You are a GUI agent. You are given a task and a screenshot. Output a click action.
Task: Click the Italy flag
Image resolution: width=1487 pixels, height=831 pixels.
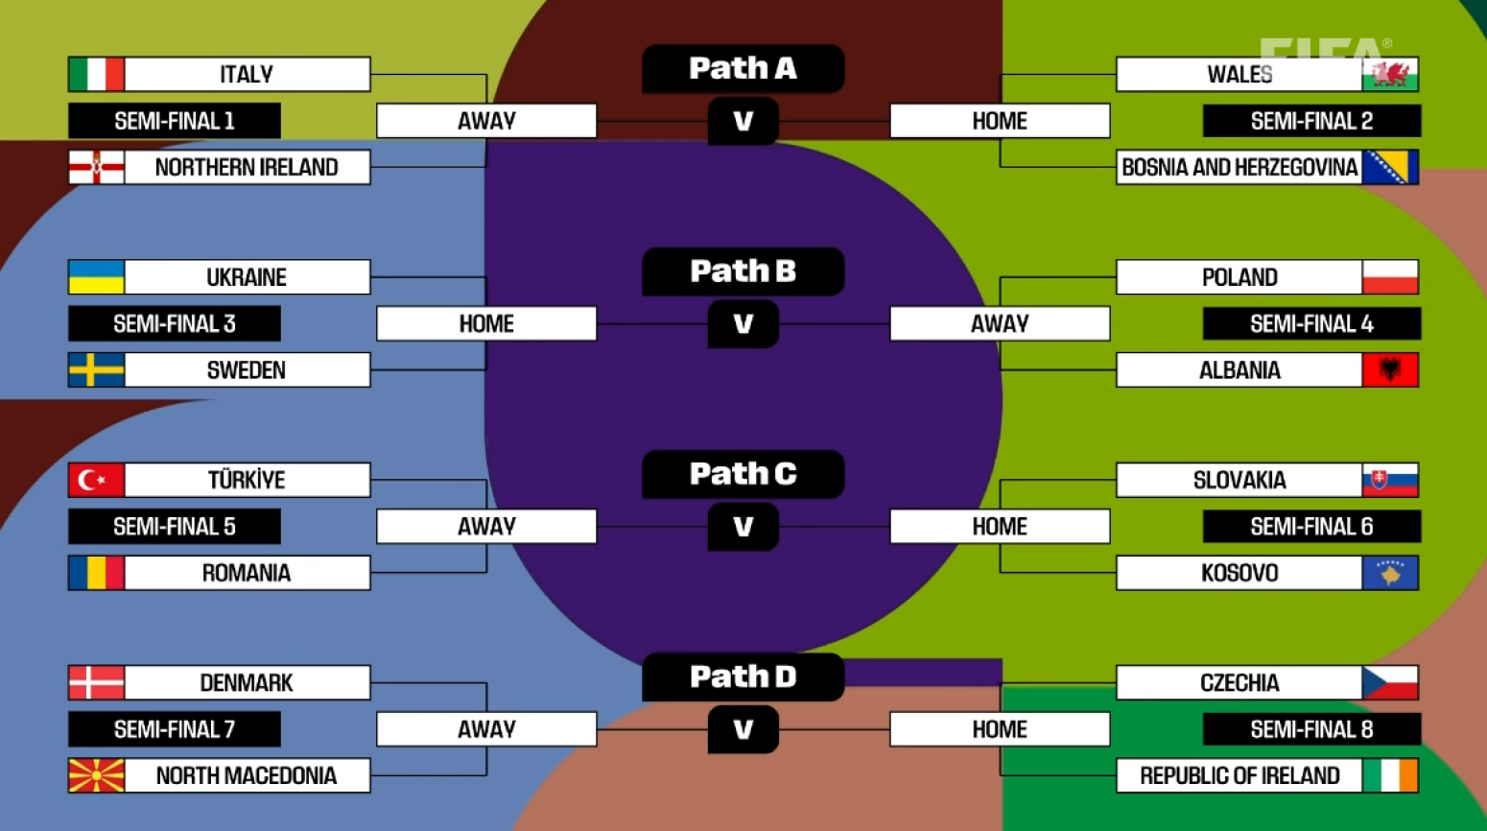(96, 74)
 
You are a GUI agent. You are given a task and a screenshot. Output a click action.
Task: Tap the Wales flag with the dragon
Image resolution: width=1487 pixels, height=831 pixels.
(1390, 74)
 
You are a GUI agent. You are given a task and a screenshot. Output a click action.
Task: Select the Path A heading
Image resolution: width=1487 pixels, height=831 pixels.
(743, 68)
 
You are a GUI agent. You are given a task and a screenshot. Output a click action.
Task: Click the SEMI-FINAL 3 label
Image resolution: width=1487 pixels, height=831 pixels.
(175, 323)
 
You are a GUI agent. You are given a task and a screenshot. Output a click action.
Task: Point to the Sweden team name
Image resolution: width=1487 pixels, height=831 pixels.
(247, 370)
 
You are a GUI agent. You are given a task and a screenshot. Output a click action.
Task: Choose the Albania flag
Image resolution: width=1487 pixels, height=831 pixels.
(1390, 370)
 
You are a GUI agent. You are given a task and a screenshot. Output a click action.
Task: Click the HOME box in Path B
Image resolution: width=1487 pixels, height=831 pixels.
(486, 323)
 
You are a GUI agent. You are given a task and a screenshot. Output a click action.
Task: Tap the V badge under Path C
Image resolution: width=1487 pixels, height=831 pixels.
(743, 527)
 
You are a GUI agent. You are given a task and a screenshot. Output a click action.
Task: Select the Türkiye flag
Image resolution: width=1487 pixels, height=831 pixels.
(96, 480)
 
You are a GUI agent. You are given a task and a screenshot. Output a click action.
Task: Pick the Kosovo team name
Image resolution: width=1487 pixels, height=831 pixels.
(1239, 573)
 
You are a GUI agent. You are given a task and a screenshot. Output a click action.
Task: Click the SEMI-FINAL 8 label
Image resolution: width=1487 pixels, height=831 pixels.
(1311, 729)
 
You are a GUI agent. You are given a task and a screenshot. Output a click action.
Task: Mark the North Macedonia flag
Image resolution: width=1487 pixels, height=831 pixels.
(96, 775)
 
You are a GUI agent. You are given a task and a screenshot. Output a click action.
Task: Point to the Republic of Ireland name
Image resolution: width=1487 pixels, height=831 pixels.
(1239, 775)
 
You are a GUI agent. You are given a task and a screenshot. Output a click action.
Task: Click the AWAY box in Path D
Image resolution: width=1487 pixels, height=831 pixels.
(486, 729)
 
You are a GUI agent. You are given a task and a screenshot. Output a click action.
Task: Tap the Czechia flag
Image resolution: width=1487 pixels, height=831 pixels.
(1390, 683)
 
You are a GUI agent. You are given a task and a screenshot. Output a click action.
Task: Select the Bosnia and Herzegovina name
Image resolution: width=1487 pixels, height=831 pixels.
(1239, 167)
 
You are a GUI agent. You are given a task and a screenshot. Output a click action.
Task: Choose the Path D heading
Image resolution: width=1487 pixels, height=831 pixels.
(743, 677)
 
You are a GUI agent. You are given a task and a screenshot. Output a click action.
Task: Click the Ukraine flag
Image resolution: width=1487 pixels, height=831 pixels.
(96, 277)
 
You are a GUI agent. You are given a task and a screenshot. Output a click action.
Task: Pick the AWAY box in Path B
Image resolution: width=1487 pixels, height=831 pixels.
(1000, 323)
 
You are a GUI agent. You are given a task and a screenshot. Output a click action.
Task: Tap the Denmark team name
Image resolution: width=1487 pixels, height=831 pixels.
(247, 683)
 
